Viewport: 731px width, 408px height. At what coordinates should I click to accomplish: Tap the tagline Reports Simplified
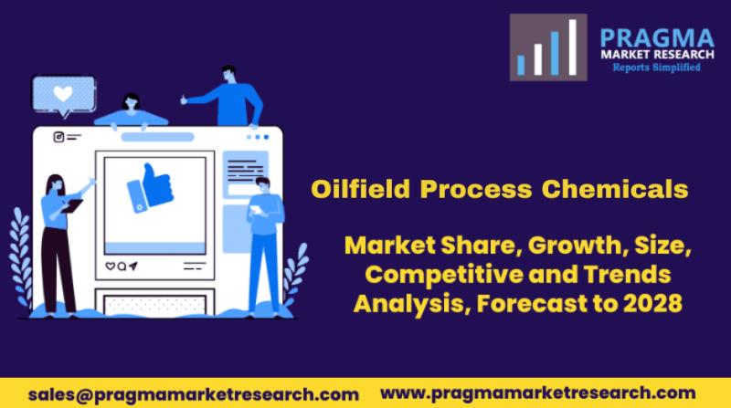(656, 68)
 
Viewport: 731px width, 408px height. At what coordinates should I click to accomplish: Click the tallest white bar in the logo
(573, 47)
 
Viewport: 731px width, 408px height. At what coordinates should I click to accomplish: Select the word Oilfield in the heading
(360, 189)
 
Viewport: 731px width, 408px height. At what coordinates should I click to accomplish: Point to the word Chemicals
(615, 189)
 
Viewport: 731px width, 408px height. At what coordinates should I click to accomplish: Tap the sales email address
(194, 395)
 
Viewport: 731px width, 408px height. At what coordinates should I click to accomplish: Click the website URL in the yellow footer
(538, 393)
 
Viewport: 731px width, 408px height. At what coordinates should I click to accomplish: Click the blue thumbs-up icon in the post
(151, 188)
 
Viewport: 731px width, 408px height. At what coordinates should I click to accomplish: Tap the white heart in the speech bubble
(63, 94)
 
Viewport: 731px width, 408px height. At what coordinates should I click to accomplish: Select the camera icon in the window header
(58, 137)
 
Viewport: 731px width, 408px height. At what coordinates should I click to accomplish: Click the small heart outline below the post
(110, 266)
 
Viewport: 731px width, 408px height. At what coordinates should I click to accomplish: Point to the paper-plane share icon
(133, 266)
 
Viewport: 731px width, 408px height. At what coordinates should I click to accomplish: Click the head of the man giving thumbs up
(228, 75)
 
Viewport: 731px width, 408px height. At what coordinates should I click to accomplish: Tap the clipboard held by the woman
(72, 206)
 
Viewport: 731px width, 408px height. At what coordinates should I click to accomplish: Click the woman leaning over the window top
(131, 111)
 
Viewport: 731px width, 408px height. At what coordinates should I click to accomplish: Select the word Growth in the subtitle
(575, 246)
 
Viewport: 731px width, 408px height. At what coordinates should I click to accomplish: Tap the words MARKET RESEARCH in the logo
(657, 55)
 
